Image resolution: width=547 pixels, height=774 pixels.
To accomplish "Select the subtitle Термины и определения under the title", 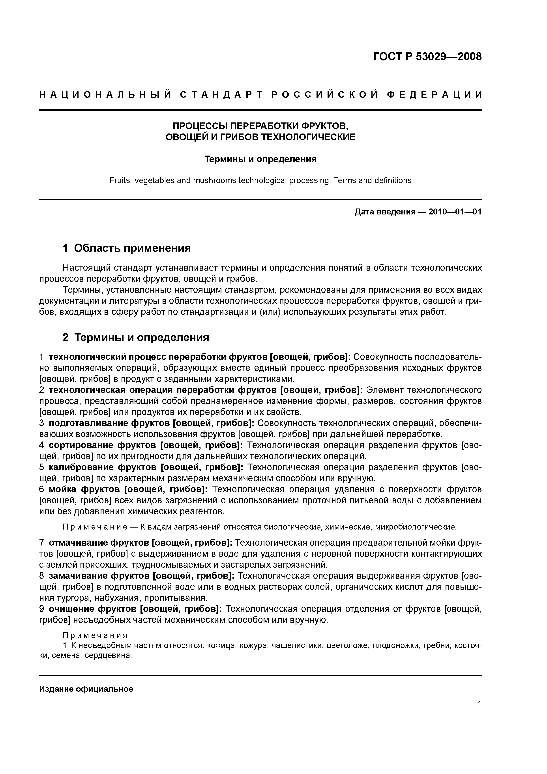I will tap(260, 159).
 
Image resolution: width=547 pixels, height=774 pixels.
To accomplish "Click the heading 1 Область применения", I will tap(127, 248).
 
